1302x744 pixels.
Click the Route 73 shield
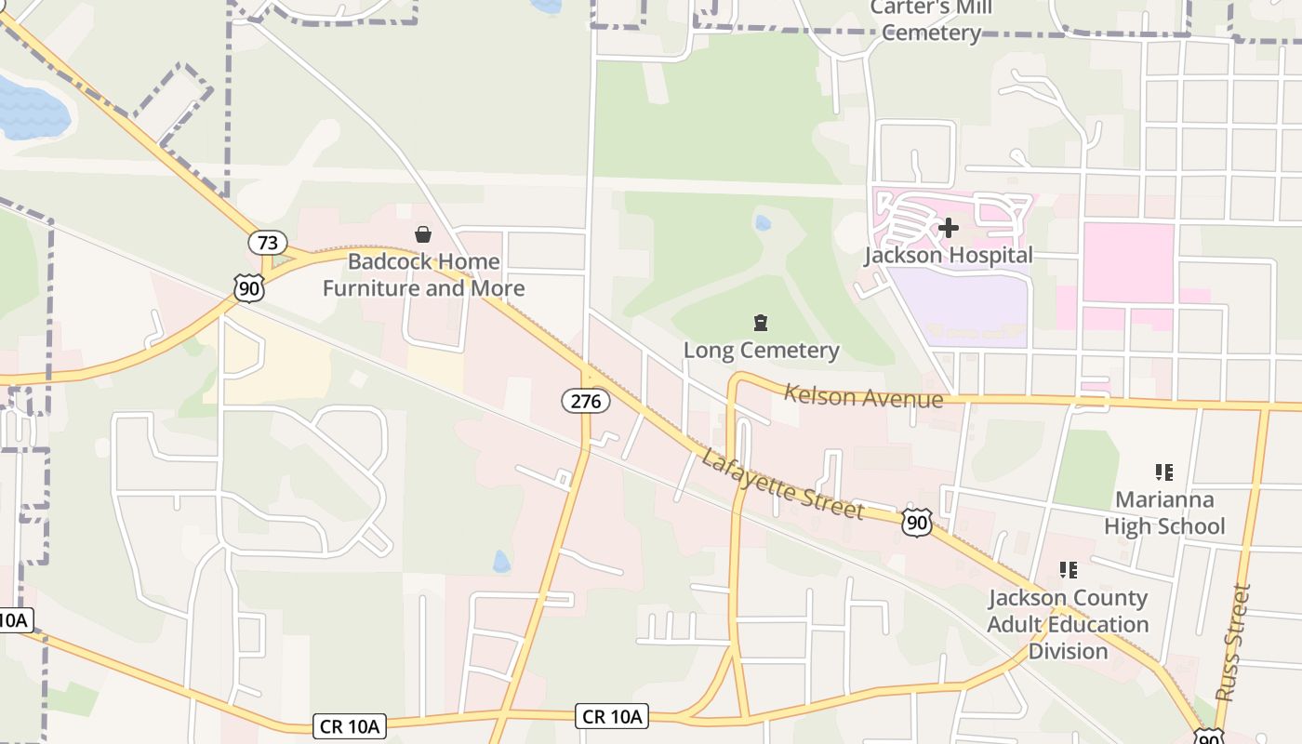pos(267,244)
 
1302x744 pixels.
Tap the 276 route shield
pos(586,401)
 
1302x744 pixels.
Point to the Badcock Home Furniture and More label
pos(423,275)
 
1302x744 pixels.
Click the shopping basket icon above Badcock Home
pos(423,234)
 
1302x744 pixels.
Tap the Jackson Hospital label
pos(948,255)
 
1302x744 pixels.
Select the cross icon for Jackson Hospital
pos(948,227)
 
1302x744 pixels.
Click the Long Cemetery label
pos(761,351)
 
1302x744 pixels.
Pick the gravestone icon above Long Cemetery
pos(761,323)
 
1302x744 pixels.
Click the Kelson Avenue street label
pos(863,396)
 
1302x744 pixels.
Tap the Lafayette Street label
pos(782,485)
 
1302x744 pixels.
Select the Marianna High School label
pos(1164,513)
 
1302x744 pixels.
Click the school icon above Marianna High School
pos(1163,472)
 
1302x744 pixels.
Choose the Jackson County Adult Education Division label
pos(1068,624)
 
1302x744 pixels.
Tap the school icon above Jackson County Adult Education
pos(1068,569)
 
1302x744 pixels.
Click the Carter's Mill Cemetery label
pos(931,20)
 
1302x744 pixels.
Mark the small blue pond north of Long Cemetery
pos(764,223)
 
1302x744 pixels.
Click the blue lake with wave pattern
pos(32,109)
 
